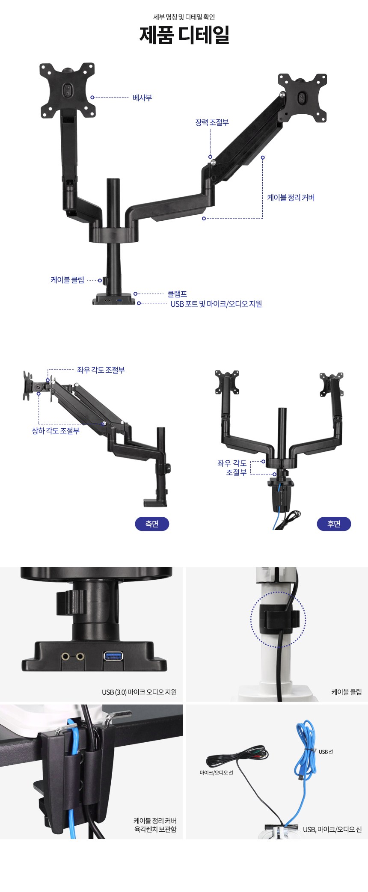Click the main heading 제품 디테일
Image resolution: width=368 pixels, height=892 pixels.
tap(184, 35)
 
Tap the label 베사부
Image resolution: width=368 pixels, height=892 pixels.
tap(142, 98)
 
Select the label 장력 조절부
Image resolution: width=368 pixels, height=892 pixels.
tap(212, 123)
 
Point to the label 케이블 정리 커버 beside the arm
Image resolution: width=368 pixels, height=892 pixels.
tap(291, 198)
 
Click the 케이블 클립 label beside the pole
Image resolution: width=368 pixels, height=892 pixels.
tap(67, 280)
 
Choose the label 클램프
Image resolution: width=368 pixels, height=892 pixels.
tap(177, 294)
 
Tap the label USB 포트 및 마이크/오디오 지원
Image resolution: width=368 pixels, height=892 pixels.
tap(216, 304)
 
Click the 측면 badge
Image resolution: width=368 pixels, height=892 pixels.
tap(152, 524)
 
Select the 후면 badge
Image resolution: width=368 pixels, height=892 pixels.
tap(334, 524)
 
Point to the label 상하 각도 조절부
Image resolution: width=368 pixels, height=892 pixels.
tap(56, 431)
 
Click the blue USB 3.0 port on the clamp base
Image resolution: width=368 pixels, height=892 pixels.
tap(113, 656)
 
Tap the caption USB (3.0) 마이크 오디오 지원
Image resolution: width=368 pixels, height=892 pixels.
tap(139, 692)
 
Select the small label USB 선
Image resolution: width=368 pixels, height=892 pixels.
tap(326, 752)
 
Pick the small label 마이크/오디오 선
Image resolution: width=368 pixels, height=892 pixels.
tap(216, 773)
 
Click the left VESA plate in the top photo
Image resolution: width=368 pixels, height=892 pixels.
tap(68, 90)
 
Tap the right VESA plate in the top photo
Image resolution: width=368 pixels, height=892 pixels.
tap(303, 98)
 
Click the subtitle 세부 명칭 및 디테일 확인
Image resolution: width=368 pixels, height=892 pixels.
tap(184, 17)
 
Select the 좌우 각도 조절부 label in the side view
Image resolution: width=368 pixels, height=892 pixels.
tap(101, 370)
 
